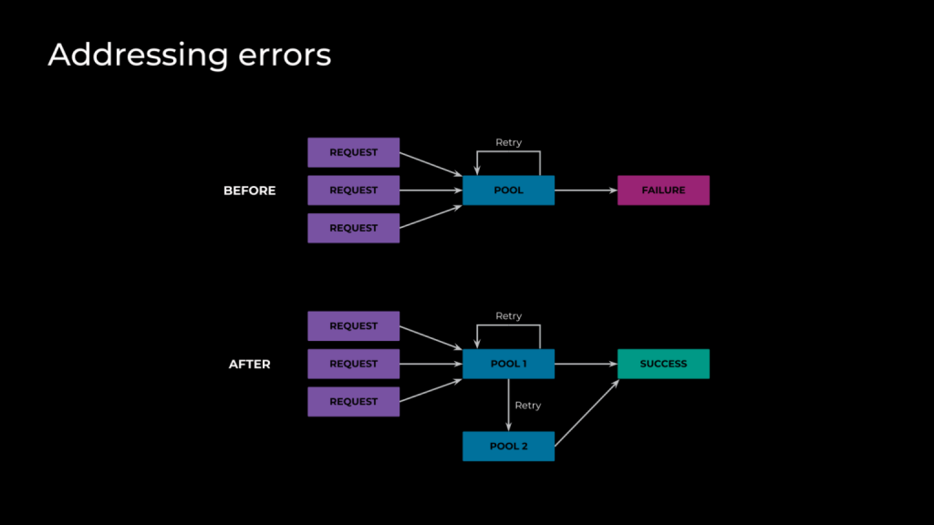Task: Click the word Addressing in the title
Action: pyautogui.click(x=139, y=56)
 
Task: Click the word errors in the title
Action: pyautogui.click(x=285, y=56)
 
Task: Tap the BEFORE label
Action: pyautogui.click(x=250, y=190)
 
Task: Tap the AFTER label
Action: pyautogui.click(x=250, y=365)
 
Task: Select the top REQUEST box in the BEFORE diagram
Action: pyautogui.click(x=353, y=152)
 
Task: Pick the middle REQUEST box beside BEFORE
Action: pyautogui.click(x=353, y=190)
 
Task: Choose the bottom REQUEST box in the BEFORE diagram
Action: pyautogui.click(x=353, y=228)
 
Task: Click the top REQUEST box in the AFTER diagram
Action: pyautogui.click(x=353, y=326)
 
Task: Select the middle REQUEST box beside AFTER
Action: pyautogui.click(x=353, y=364)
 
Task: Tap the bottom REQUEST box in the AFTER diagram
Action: pyautogui.click(x=353, y=402)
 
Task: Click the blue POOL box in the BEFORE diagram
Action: pyautogui.click(x=508, y=190)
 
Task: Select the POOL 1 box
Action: pyautogui.click(x=508, y=364)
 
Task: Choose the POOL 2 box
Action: pyautogui.click(x=508, y=447)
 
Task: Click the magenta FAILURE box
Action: pyautogui.click(x=664, y=190)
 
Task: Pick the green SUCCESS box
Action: pyautogui.click(x=664, y=364)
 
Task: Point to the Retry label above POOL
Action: pyautogui.click(x=509, y=142)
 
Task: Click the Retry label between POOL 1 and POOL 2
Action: pyautogui.click(x=528, y=406)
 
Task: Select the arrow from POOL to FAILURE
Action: pyautogui.click(x=586, y=190)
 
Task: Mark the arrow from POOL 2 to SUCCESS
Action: pyautogui.click(x=586, y=413)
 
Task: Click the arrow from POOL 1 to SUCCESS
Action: pyautogui.click(x=586, y=364)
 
